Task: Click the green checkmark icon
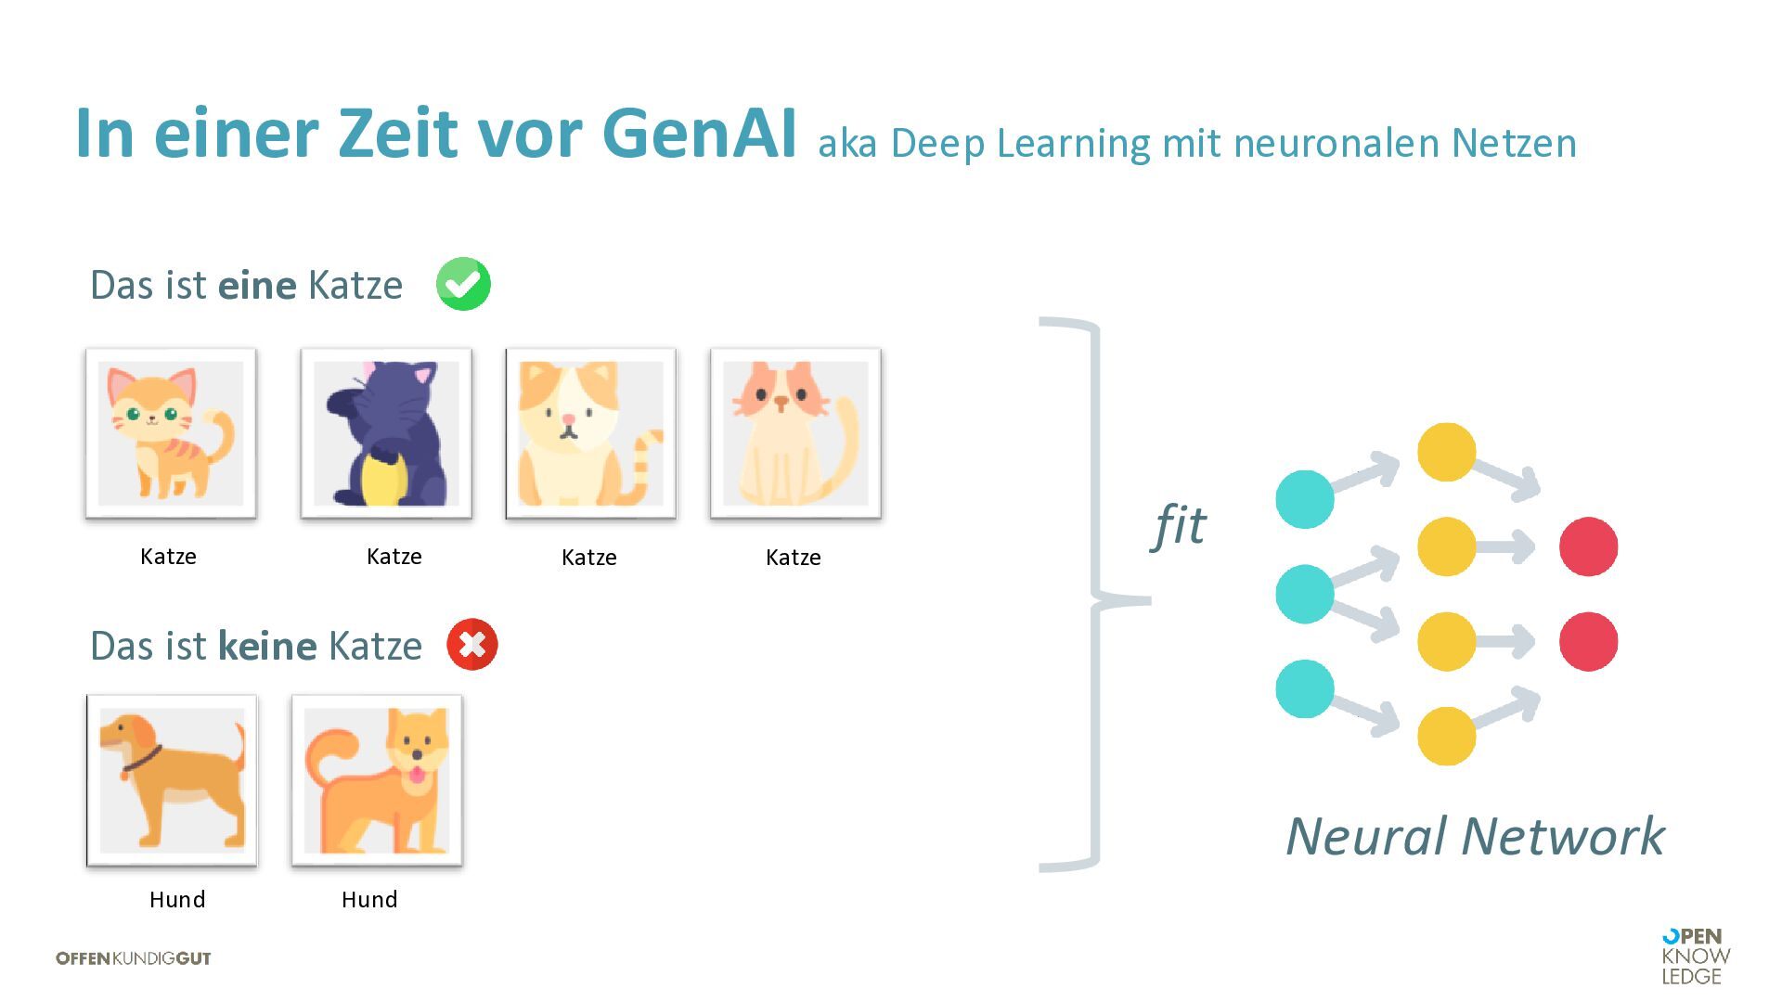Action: (x=463, y=284)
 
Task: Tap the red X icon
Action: (x=472, y=644)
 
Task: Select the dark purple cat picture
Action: (x=386, y=433)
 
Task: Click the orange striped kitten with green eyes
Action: (x=171, y=433)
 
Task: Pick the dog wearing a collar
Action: (x=172, y=780)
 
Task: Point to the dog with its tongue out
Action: (x=377, y=780)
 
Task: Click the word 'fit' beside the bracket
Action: (x=1179, y=525)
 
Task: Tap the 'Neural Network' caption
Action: (x=1475, y=836)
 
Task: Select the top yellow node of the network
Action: (x=1446, y=452)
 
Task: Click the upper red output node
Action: (x=1588, y=546)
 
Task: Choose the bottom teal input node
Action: (x=1305, y=688)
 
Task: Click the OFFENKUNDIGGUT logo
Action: (x=134, y=958)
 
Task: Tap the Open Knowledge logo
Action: (x=1696, y=956)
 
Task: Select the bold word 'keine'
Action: (x=267, y=646)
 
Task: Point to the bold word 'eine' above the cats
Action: (x=257, y=285)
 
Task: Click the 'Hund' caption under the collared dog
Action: (x=177, y=899)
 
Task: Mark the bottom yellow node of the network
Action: (x=1446, y=736)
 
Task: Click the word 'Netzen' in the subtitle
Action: (x=1514, y=143)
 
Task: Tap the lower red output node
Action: (x=1588, y=641)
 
